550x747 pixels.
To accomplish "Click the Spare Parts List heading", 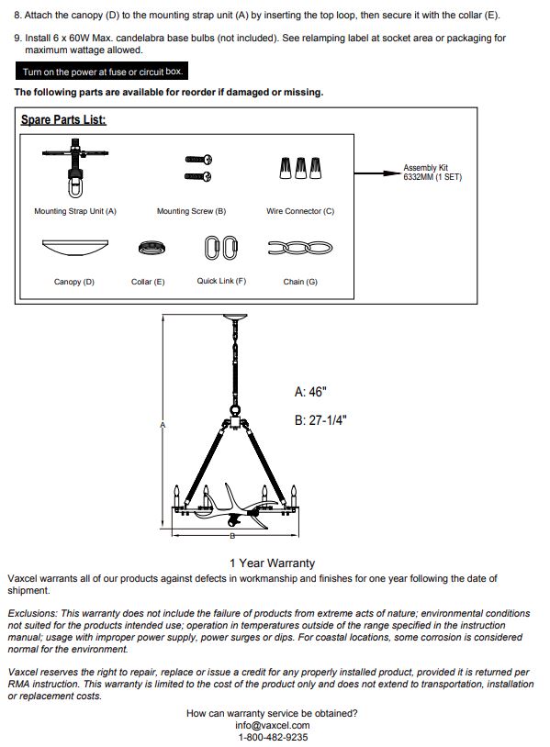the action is [x=63, y=119].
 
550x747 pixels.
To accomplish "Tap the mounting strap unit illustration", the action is [x=75, y=168].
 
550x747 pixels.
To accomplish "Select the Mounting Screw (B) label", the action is [x=191, y=211].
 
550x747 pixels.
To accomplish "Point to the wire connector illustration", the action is [x=300, y=168].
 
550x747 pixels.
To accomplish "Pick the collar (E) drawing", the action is [x=152, y=248].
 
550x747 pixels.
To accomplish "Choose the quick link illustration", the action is [x=221, y=248].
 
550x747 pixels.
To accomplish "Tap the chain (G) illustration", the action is [x=300, y=248].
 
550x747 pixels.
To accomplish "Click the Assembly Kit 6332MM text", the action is [x=432, y=172].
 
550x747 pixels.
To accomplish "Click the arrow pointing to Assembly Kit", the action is [x=378, y=173].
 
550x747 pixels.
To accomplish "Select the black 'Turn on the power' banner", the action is [x=102, y=71].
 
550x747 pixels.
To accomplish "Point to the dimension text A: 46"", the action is [x=310, y=392].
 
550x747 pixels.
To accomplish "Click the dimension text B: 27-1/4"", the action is [x=320, y=420].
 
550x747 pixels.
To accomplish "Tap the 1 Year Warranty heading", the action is [x=272, y=563].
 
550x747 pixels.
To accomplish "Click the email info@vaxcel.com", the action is [x=272, y=725].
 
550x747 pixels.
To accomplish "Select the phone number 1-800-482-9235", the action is [x=273, y=737].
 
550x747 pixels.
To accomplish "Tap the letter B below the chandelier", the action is [x=232, y=536].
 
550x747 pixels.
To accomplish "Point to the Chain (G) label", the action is [x=300, y=282].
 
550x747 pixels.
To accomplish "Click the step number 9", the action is [x=17, y=38].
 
